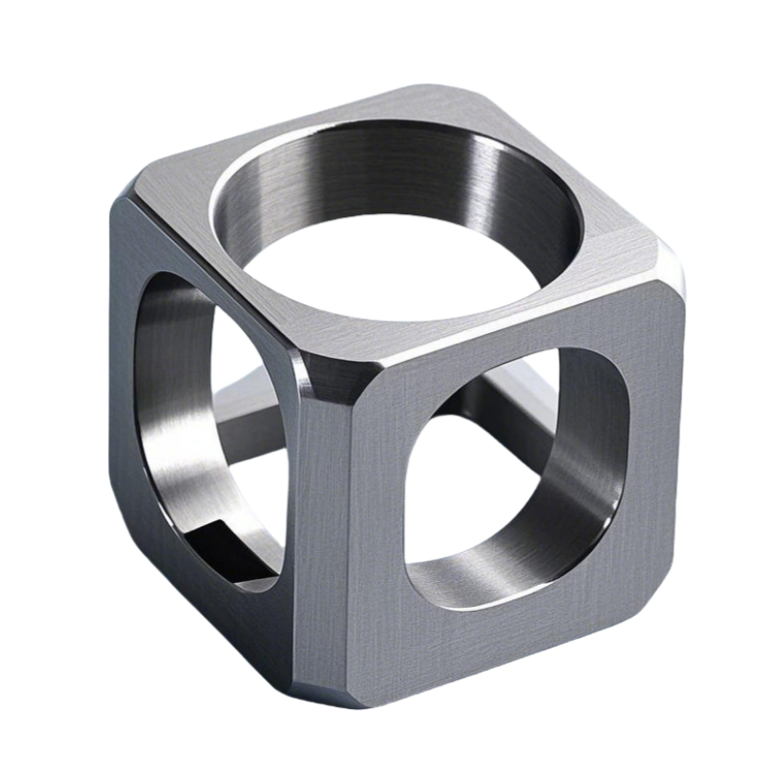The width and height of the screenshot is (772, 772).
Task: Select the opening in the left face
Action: [207, 434]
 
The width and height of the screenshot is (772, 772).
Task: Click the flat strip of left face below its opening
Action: [232, 618]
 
